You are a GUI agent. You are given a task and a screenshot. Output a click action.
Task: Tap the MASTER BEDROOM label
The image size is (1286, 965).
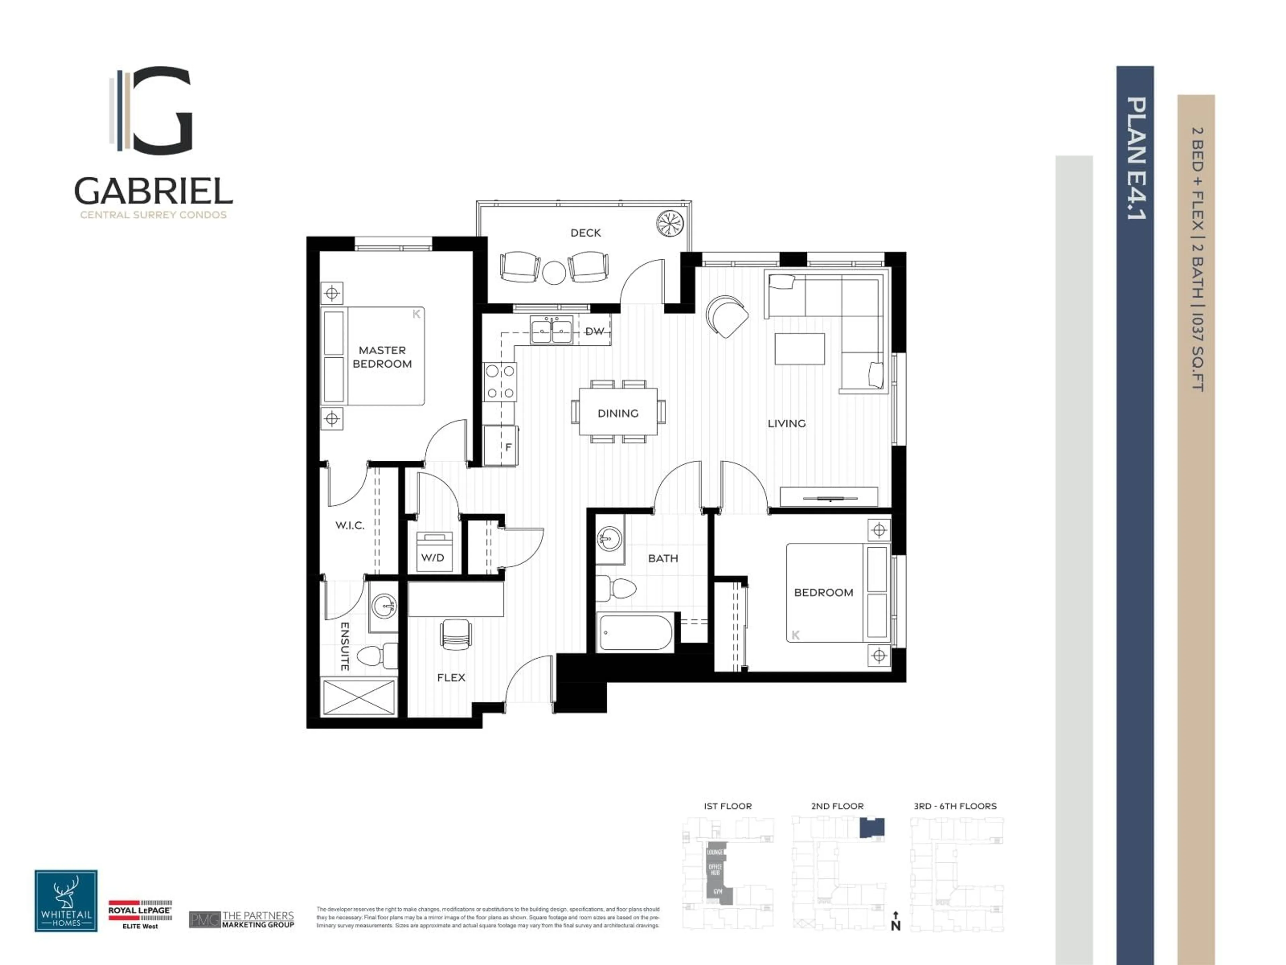[x=382, y=357]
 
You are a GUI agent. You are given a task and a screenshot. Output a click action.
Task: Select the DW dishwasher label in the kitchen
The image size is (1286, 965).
[x=594, y=331]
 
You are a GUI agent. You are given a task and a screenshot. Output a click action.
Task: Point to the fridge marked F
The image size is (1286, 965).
[x=501, y=446]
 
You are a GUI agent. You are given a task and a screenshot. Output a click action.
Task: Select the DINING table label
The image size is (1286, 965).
[x=618, y=413]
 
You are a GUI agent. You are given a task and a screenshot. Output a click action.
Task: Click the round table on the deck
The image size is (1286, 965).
[x=554, y=272]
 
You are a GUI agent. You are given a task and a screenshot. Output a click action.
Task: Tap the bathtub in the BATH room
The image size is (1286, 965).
[x=635, y=632]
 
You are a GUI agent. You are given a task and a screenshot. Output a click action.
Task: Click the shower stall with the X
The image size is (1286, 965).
[x=359, y=697]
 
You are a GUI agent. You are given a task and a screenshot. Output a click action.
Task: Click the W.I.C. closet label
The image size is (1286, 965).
[x=350, y=525]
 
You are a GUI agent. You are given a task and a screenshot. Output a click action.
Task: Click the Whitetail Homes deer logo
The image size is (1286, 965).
[x=66, y=900]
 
